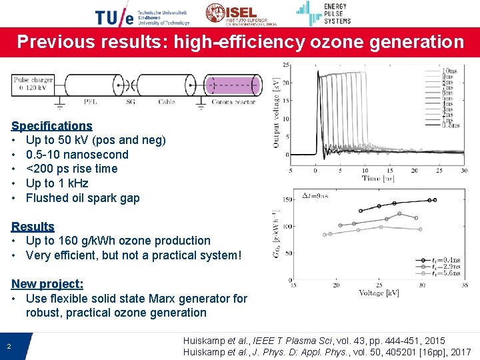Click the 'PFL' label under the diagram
point(91,102)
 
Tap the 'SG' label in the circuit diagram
point(131,102)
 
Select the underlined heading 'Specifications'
point(52,125)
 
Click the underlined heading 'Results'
point(33,226)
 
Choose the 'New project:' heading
point(47,284)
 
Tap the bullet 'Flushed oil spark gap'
point(83,197)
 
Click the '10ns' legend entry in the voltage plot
point(450,70)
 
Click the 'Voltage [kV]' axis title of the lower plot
point(381,293)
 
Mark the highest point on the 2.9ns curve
point(399,214)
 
